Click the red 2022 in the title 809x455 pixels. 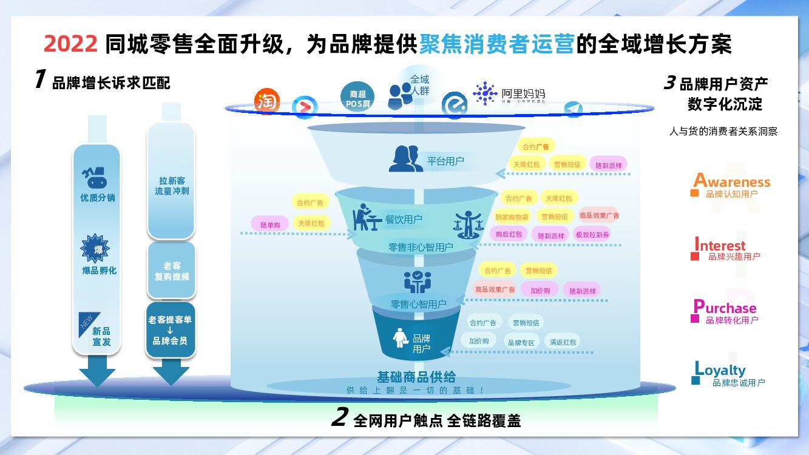[70, 44]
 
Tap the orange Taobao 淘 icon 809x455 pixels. [267, 101]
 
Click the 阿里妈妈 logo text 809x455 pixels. [523, 93]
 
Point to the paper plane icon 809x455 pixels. [573, 109]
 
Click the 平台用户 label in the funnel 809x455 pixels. [445, 161]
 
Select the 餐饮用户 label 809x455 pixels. [404, 219]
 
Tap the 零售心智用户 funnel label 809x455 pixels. [418, 304]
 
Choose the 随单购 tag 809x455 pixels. [270, 224]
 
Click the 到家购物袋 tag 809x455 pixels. [512, 217]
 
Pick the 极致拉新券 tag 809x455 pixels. [593, 234]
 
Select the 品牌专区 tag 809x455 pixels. [521, 342]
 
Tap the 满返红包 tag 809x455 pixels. [563, 342]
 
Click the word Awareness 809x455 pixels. [732, 181]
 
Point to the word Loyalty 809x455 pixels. [720, 369]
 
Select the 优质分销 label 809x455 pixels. [98, 198]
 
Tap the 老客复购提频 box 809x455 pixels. [172, 271]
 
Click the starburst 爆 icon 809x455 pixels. [95, 248]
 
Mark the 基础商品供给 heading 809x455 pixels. [416, 377]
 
